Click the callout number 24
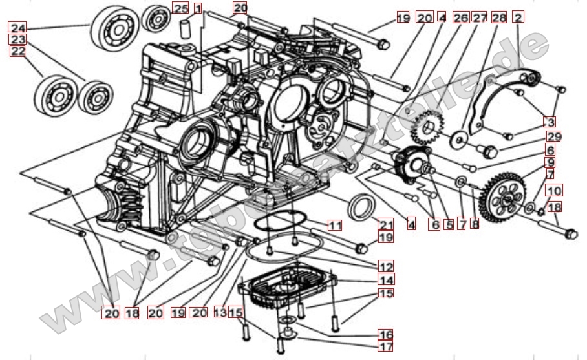coord(17,28)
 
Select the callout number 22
coord(17,51)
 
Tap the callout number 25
coord(181,8)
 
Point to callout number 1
coord(198,8)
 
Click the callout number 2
coord(518,17)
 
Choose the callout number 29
coord(553,137)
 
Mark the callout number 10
coord(554,191)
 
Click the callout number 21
coord(386,225)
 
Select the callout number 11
coord(334,226)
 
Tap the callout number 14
coord(387,281)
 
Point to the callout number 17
coord(386,347)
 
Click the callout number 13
coord(220,313)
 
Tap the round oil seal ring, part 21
coord(361,209)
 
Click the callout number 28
coord(498,17)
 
